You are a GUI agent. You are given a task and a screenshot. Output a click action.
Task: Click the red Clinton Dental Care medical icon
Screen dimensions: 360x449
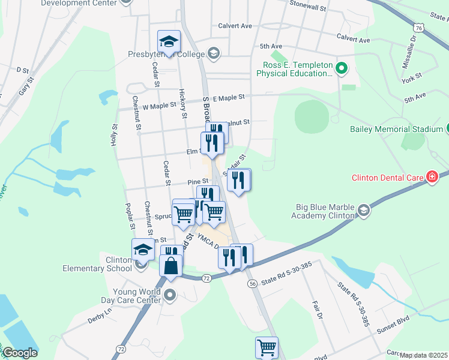pos(431,176)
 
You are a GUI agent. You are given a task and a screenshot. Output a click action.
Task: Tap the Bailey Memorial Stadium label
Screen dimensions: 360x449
pos(396,129)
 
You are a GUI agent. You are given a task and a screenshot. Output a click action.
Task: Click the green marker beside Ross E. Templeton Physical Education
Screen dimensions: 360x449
pos(342,68)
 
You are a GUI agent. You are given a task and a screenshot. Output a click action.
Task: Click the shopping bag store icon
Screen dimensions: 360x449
pos(170,265)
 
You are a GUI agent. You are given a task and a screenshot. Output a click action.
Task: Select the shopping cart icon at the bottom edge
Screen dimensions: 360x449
pos(266,347)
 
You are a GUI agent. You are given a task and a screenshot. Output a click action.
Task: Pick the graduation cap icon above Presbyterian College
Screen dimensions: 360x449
pos(169,41)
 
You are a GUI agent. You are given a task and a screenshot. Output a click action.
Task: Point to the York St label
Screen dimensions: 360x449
pos(413,77)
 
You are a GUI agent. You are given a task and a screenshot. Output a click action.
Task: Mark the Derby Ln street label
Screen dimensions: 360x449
pos(100,311)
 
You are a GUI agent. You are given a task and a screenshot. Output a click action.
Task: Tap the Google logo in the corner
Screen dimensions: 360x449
pos(20,353)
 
